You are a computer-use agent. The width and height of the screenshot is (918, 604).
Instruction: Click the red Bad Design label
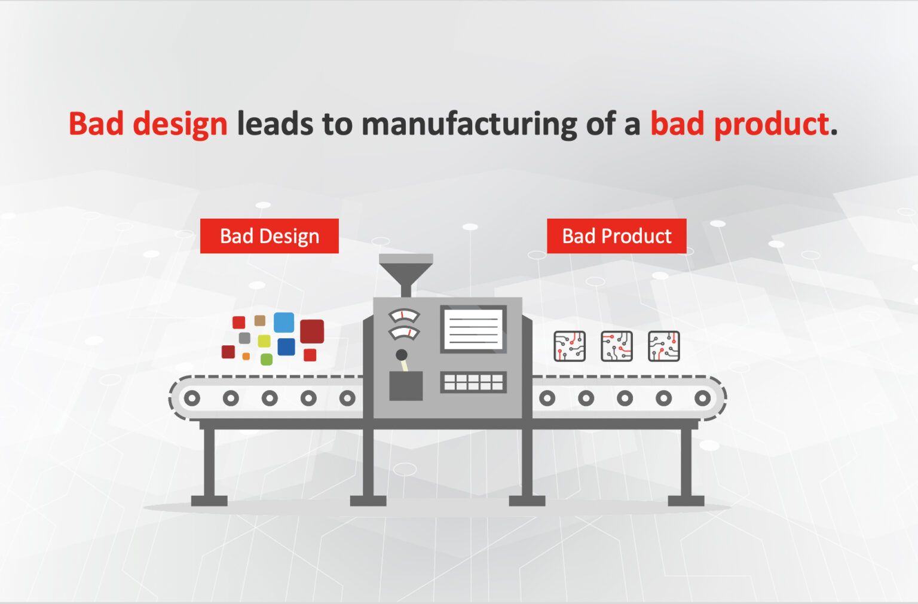[270, 236]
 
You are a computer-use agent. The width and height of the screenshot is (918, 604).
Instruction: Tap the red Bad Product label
[616, 236]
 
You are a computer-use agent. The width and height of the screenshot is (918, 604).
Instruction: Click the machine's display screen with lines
[473, 329]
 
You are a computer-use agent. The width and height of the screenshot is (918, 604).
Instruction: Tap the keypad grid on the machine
[473, 382]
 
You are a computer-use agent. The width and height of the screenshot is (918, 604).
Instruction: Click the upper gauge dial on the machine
[403, 315]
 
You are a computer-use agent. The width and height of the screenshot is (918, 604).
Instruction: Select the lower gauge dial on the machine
[403, 333]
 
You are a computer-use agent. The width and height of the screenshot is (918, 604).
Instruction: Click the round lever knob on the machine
[402, 354]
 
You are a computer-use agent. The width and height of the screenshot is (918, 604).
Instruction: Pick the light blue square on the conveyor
[284, 323]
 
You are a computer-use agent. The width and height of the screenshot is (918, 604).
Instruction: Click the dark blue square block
[286, 347]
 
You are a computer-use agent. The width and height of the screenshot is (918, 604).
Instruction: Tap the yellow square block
[264, 341]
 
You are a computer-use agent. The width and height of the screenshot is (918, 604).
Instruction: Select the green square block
[267, 360]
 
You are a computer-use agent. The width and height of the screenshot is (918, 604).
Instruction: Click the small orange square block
[246, 356]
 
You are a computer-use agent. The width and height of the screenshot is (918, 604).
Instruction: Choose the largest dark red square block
[312, 332]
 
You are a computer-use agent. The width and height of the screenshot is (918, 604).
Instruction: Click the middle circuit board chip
[616, 347]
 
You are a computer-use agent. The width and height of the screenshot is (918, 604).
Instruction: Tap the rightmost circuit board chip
[664, 347]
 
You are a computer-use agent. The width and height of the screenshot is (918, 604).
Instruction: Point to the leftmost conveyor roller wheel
[192, 398]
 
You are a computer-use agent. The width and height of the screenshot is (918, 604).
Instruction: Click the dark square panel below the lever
[406, 386]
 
